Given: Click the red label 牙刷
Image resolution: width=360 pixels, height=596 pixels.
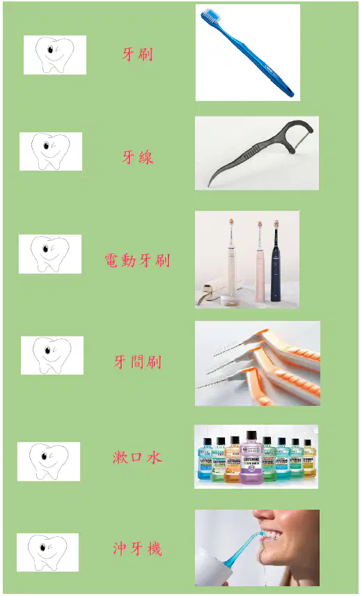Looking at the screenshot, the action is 137,54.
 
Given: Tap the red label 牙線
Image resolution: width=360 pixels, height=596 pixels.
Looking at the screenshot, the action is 138,157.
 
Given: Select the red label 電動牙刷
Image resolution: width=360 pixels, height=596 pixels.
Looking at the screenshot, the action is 137,260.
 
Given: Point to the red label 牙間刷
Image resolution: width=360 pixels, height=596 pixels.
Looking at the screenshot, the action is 138,362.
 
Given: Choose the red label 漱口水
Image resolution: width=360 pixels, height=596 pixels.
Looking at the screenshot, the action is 138,457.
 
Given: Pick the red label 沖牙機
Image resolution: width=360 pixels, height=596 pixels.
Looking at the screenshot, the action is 138,549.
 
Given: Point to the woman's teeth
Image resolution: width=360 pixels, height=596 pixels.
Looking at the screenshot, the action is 274,535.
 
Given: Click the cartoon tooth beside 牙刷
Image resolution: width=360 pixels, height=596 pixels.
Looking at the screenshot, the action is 55,55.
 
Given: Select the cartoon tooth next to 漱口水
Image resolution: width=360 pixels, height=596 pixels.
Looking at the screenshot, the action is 49,462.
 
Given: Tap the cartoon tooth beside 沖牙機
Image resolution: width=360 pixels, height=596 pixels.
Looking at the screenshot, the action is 47,552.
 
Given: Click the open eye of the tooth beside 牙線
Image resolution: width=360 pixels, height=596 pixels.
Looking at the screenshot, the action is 46,146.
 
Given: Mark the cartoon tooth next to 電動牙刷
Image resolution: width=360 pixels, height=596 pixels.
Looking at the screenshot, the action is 50,254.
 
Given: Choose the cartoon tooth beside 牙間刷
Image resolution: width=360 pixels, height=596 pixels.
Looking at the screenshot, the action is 52,355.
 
